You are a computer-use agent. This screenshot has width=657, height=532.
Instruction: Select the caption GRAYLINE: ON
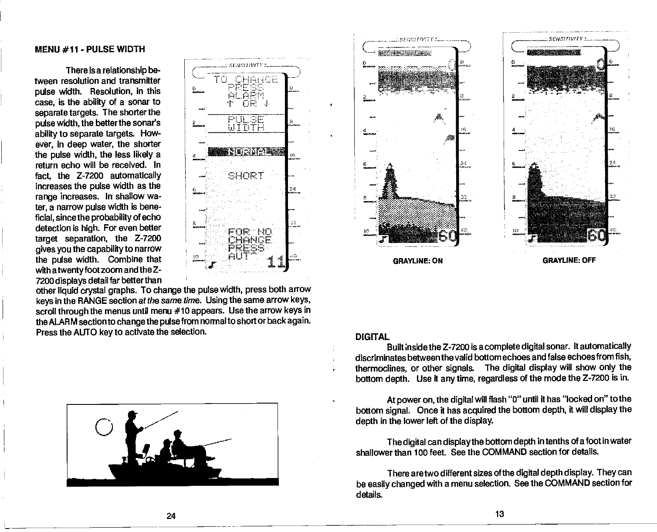point(418,261)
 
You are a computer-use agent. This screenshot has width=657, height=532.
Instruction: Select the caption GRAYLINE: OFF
point(569,261)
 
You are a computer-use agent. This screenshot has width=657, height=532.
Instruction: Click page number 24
point(171,516)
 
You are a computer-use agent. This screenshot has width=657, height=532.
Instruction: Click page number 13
point(499,514)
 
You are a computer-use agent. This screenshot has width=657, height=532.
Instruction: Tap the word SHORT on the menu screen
point(246,176)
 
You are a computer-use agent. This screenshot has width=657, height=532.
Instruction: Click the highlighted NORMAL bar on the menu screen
point(247,152)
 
